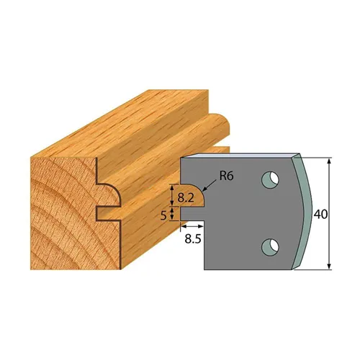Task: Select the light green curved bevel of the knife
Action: (x=305, y=216)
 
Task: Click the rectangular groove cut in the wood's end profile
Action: (x=107, y=212)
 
